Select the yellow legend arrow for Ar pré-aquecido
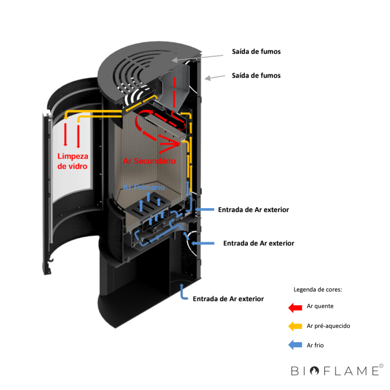coord(295,326)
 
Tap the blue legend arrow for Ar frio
coord(295,345)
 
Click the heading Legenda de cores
coord(318,290)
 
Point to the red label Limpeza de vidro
coord(72,161)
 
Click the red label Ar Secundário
coord(149,161)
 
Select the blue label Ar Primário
coord(144,187)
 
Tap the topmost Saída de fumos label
coord(256,51)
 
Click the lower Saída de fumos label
coord(256,75)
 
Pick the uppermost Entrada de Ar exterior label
coord(253,210)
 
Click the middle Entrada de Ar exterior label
coord(258,243)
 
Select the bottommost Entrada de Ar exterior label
coord(228,299)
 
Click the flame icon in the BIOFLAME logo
coord(314,371)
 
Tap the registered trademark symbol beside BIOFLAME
coord(381,366)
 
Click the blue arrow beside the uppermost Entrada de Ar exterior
coord(205,210)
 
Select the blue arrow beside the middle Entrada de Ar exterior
coord(203,243)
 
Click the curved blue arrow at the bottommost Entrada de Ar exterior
coord(183,292)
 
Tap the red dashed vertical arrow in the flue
coord(174,93)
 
